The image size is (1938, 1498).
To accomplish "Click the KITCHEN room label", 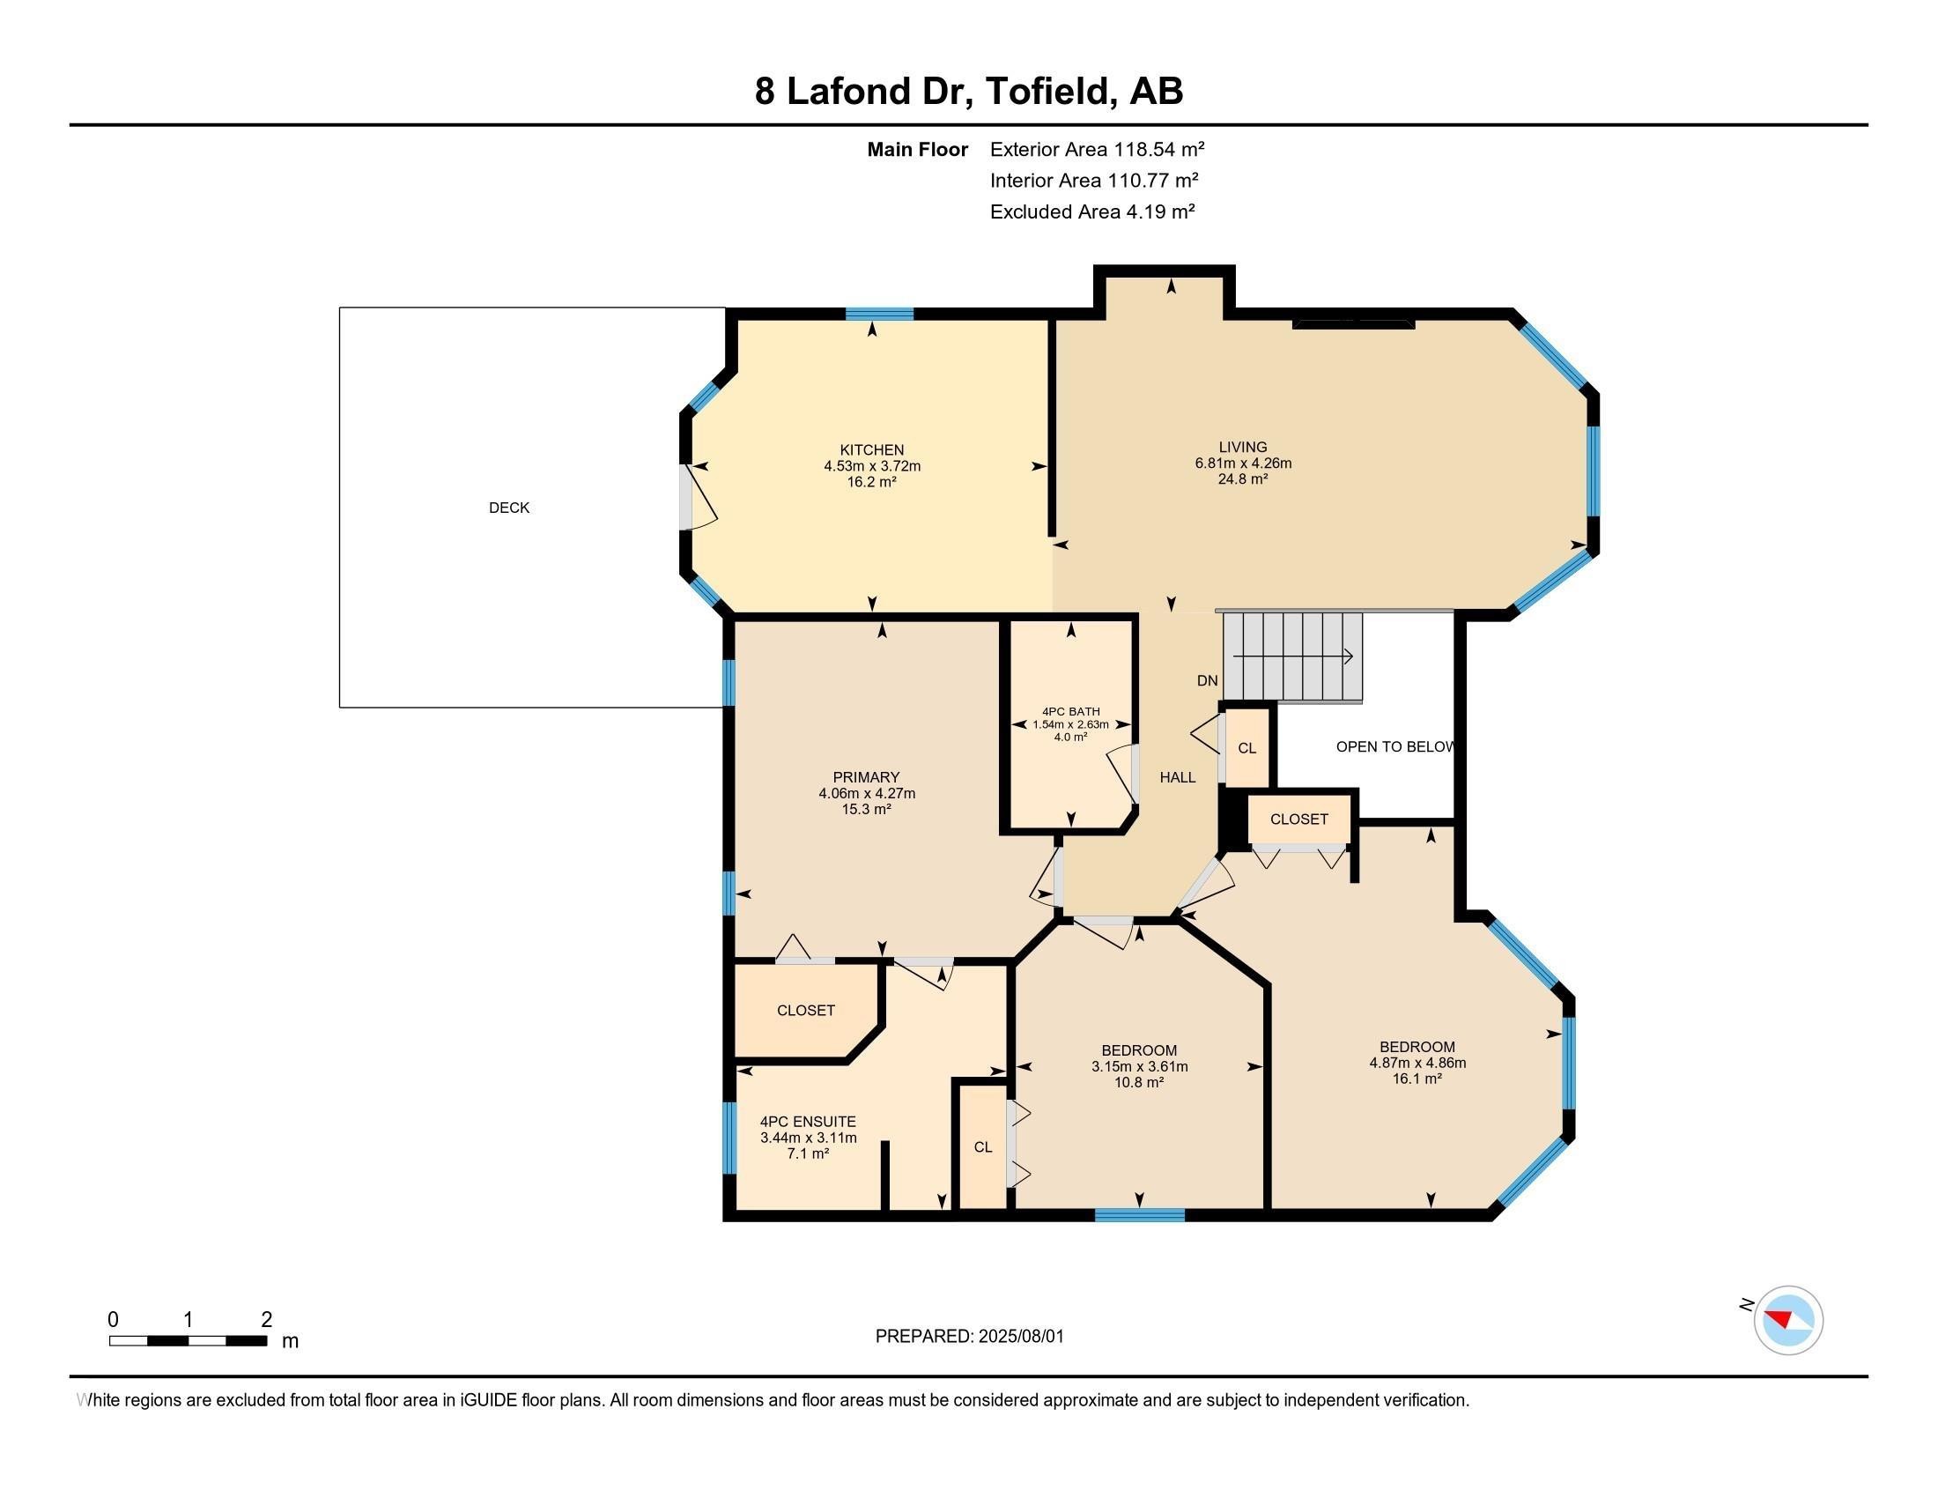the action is point(871,450).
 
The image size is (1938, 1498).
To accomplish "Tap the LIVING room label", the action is point(1242,448).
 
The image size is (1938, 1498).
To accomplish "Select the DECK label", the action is point(509,508).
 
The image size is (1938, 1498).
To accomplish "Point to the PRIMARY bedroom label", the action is point(866,777).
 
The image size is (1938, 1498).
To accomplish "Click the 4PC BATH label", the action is point(1071,712).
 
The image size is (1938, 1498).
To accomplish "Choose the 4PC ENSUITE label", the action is point(808,1122).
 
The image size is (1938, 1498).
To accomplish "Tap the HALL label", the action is point(1178,777).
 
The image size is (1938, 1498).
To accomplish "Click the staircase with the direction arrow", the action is point(1293,656).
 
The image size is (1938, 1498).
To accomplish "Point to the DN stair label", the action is point(1207,680).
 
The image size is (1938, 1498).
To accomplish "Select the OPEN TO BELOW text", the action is point(1395,746).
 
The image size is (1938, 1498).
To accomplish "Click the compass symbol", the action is point(1788,1320).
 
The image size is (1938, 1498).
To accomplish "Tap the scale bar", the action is point(189,1340).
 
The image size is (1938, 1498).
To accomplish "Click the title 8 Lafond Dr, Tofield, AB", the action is point(969,92).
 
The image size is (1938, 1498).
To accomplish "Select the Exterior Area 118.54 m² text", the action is point(1097,149).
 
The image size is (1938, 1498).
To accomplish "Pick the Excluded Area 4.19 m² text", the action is point(1092,211).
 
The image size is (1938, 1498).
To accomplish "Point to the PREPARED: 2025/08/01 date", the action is point(969,1337).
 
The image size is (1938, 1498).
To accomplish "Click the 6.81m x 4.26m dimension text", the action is point(1242,463).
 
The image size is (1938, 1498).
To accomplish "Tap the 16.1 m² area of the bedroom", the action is point(1417,1079).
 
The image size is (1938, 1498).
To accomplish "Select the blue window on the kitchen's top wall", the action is point(879,314).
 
